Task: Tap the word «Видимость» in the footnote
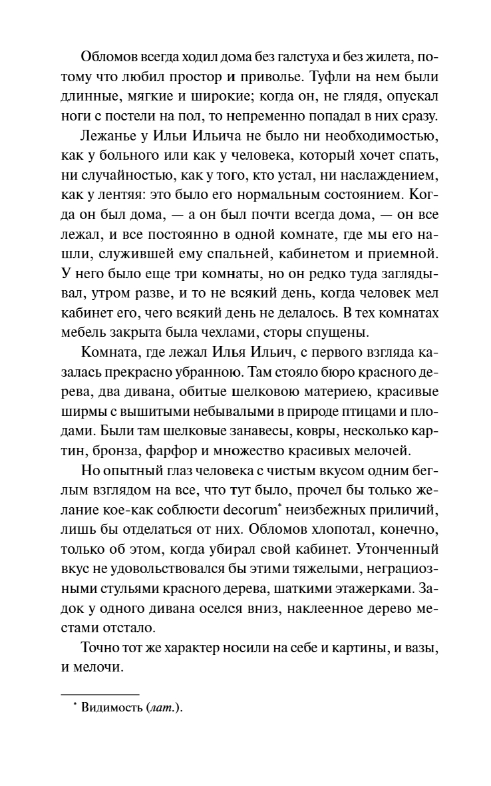pyautogui.click(x=108, y=709)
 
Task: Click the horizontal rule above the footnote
pyautogui.click(x=100, y=693)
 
